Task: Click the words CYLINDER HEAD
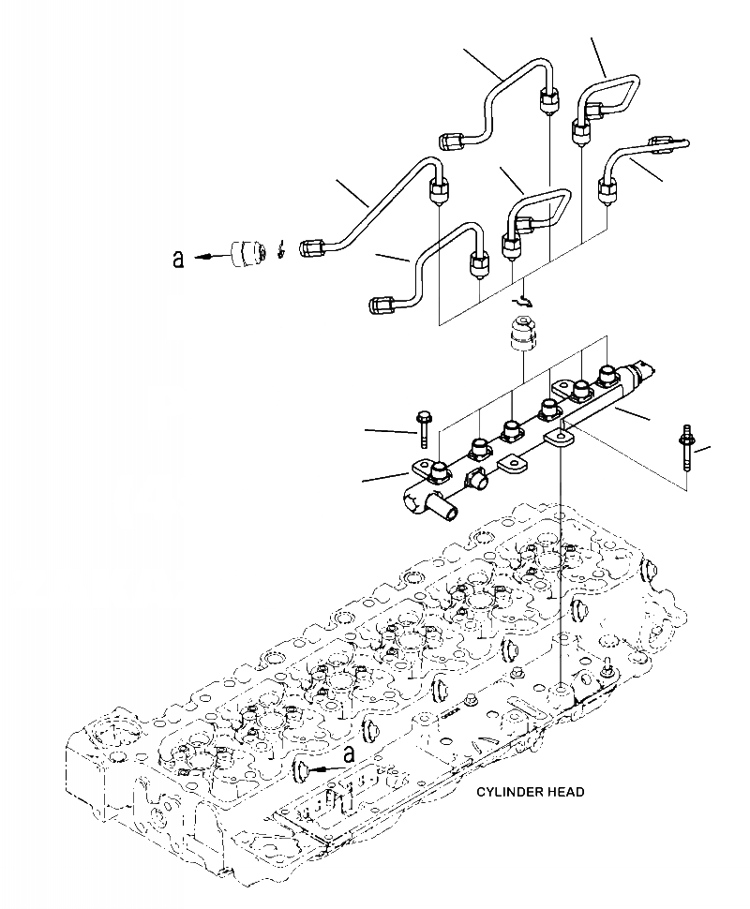530,792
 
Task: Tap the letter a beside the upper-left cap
179,259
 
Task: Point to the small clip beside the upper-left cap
281,250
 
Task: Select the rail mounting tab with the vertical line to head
561,436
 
